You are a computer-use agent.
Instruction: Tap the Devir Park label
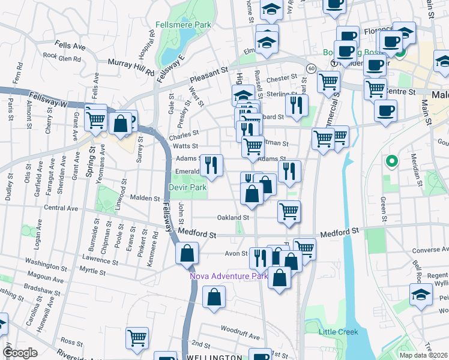pyautogui.click(x=188, y=188)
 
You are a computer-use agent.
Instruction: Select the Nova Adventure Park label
pyautogui.click(x=228, y=277)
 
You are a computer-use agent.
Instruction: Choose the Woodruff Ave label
pyautogui.click(x=239, y=329)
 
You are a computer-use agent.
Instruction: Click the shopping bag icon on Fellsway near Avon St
pyautogui.click(x=187, y=253)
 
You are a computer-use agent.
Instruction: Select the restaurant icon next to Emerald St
pyautogui.click(x=211, y=165)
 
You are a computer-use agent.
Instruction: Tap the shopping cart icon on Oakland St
pyautogui.click(x=289, y=211)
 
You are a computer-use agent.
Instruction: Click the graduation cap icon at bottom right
pyautogui.click(x=421, y=294)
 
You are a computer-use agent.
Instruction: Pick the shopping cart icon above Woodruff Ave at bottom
pyautogui.click(x=137, y=338)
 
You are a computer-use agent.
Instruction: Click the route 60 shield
pyautogui.click(x=310, y=69)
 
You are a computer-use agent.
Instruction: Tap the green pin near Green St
pyautogui.click(x=391, y=161)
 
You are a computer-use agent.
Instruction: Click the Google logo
pyautogui.click(x=20, y=353)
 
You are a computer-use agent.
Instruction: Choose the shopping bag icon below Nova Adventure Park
pyautogui.click(x=214, y=297)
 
